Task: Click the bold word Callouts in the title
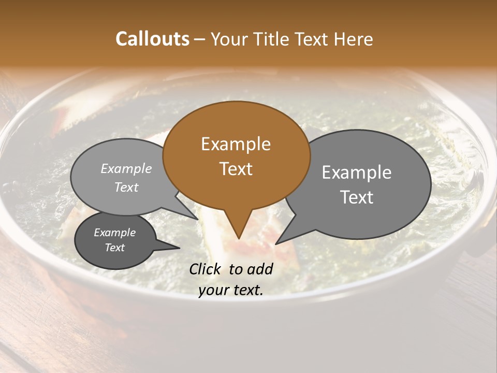[x=152, y=39]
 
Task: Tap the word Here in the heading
[x=353, y=39]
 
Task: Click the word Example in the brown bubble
[x=236, y=144]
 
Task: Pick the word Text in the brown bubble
[x=236, y=168]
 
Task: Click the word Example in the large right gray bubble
[x=357, y=173]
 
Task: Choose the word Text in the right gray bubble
[x=357, y=197]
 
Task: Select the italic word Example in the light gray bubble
[x=126, y=168]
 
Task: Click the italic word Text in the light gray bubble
[x=126, y=187]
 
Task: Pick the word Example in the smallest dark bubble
[x=114, y=233]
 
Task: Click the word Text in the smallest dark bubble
[x=114, y=248]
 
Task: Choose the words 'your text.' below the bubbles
[x=231, y=290]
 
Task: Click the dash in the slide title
[x=200, y=39]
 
